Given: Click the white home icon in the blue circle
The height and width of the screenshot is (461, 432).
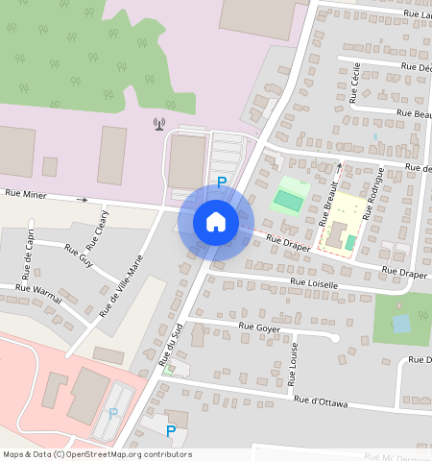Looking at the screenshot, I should (x=216, y=222).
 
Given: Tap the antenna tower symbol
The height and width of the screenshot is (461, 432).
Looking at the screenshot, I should (x=159, y=124).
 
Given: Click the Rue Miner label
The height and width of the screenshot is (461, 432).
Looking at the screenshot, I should (x=26, y=194).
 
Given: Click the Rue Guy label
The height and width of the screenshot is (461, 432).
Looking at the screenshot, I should (x=79, y=255).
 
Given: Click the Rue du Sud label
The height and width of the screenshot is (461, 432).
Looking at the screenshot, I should (x=170, y=349).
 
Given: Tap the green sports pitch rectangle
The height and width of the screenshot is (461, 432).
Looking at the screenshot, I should (x=286, y=200).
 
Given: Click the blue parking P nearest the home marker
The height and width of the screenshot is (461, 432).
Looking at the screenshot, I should (x=222, y=182).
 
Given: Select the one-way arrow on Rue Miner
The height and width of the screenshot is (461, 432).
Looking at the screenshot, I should (x=83, y=200).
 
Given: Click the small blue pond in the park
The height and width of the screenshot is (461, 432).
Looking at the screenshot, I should (x=400, y=324).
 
